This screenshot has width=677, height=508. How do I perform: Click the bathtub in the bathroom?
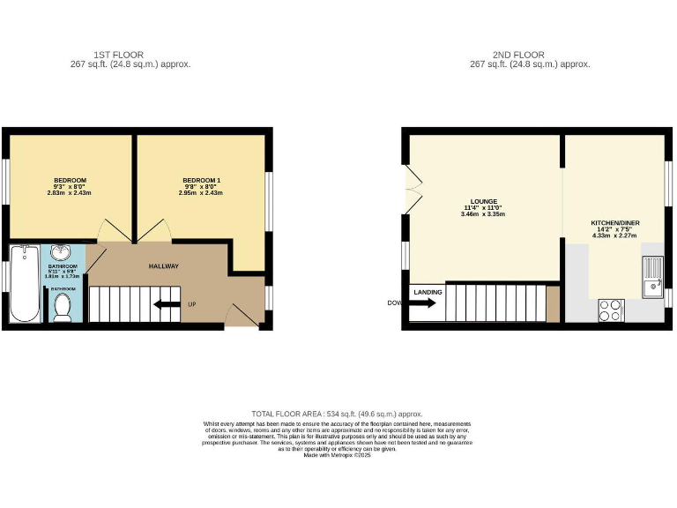pos(21,283)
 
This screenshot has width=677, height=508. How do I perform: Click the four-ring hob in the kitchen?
pos(610,310)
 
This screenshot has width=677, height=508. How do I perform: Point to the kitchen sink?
pos(652,274)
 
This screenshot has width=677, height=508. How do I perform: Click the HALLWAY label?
pos(163,265)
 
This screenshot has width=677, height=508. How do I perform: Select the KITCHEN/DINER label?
pos(614,224)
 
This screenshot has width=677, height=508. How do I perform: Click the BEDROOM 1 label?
pos(202,180)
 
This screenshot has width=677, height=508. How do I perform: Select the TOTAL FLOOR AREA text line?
pos(337,414)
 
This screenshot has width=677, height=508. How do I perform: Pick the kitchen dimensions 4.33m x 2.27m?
pos(614,235)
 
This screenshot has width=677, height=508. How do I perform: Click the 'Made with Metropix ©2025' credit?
pos(338,455)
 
